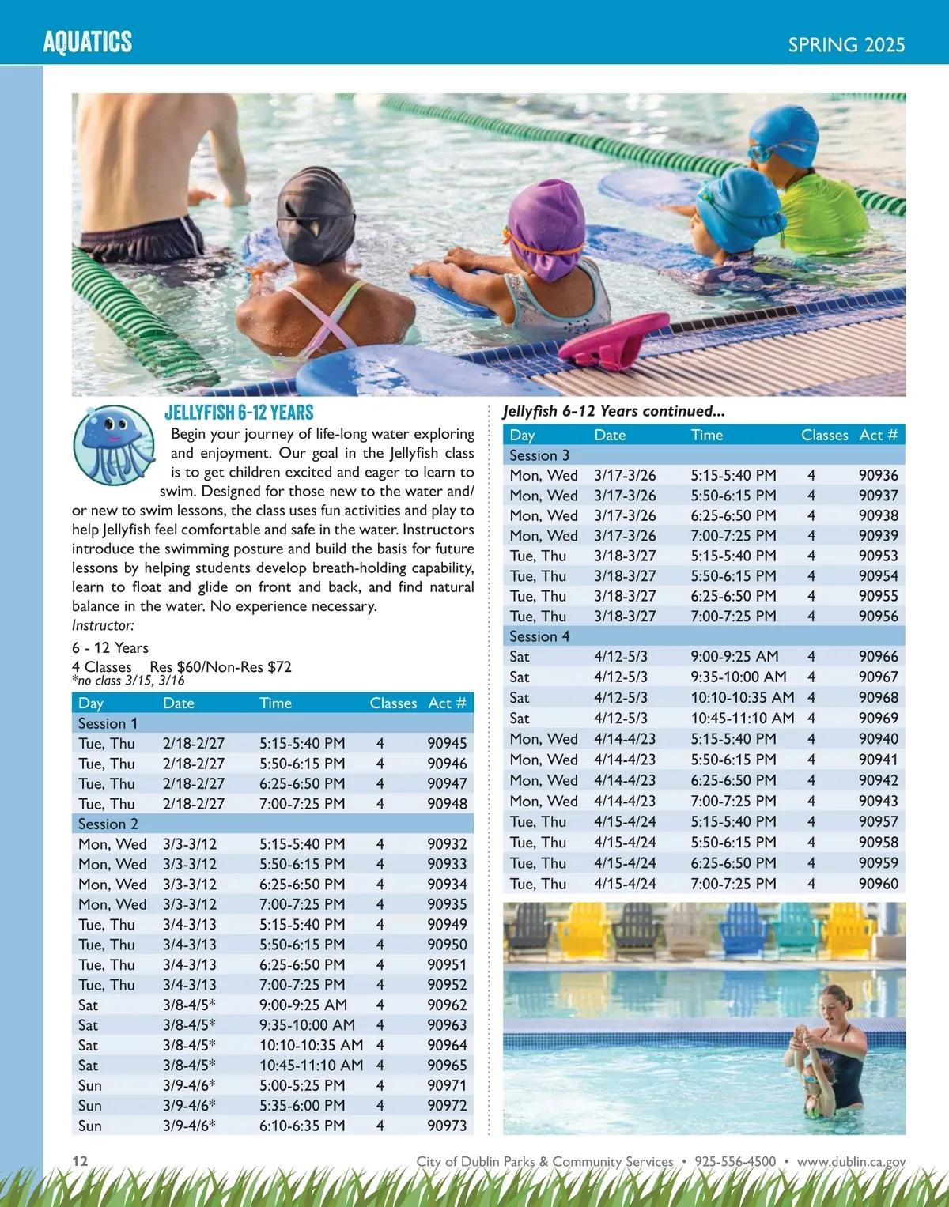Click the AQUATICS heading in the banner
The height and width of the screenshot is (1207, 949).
(x=88, y=41)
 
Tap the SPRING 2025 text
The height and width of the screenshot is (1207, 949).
(x=845, y=44)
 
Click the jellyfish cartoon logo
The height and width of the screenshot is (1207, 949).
(x=114, y=445)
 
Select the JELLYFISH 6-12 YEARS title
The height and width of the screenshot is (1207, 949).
(x=239, y=413)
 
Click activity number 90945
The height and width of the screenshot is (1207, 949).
(x=447, y=744)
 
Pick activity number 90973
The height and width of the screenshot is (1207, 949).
(x=447, y=1126)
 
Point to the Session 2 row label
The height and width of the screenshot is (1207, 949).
(x=108, y=824)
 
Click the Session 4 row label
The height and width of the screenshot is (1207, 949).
(x=539, y=636)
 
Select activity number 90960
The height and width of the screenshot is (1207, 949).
(x=878, y=884)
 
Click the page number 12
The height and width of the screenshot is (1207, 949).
(x=80, y=1160)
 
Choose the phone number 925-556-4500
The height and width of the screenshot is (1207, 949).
(x=735, y=1161)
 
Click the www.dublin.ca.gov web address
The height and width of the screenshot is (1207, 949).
(x=851, y=1161)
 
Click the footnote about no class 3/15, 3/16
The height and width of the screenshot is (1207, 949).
(x=128, y=681)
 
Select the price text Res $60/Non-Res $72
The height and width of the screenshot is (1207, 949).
(x=221, y=666)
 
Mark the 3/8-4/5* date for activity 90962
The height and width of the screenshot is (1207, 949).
(x=189, y=1005)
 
